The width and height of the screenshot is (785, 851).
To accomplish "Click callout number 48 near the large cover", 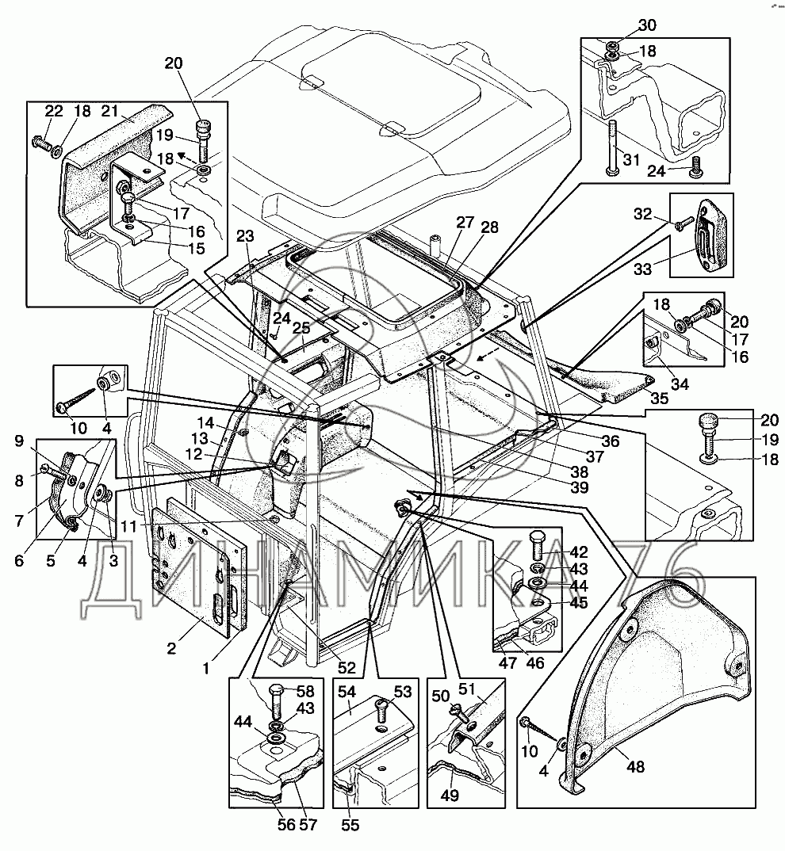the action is [x=635, y=766].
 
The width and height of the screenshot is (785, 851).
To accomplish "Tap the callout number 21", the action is [x=109, y=111].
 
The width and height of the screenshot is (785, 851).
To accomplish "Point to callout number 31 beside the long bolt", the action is [x=630, y=160].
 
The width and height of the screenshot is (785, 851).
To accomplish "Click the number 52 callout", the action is [x=346, y=667].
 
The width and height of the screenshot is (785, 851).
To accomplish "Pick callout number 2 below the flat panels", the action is [x=171, y=648].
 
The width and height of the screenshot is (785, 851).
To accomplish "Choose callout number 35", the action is [x=660, y=399].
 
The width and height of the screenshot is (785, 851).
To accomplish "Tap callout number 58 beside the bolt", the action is [x=306, y=691].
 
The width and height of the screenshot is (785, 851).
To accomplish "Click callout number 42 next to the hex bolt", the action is [x=579, y=551].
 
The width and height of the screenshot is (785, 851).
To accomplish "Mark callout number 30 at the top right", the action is [x=647, y=25].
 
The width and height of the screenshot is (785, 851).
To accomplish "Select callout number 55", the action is [x=350, y=825].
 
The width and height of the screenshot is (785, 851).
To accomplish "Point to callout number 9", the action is [x=20, y=441].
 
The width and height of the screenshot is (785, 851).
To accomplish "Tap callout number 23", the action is [x=246, y=235].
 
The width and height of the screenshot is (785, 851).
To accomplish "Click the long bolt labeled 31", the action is [x=613, y=147].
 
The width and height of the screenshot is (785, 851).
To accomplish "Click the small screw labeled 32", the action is [x=684, y=223].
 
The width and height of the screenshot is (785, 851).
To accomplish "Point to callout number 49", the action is [x=450, y=795].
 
